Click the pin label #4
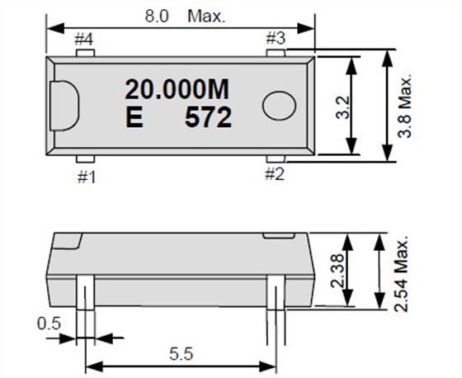pyautogui.click(x=83, y=39)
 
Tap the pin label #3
pyautogui.click(x=276, y=39)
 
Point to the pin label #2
pyautogui.click(x=276, y=174)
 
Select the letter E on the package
pyautogui.click(x=132, y=118)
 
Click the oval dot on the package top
pyautogui.click(x=280, y=104)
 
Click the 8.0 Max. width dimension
pyautogui.click(x=181, y=15)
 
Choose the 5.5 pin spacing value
pyautogui.click(x=181, y=352)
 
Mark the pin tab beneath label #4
pyautogui.click(x=83, y=52)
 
